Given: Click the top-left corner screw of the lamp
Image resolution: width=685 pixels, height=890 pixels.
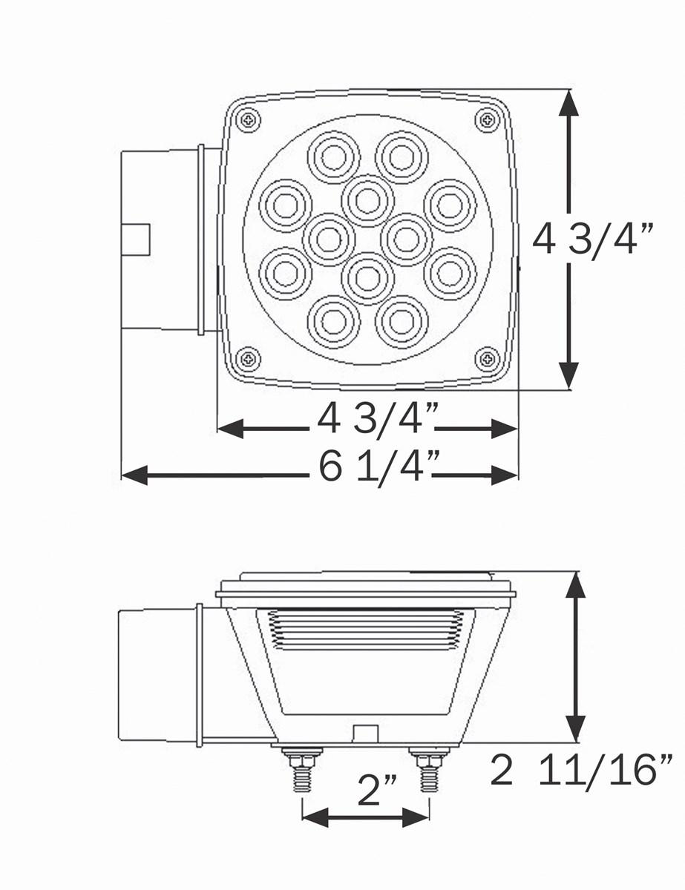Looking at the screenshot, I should (x=249, y=119).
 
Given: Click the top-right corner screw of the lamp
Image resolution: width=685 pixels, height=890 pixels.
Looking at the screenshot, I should (x=487, y=119).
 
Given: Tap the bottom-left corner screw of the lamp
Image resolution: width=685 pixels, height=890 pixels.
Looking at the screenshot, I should (x=249, y=360).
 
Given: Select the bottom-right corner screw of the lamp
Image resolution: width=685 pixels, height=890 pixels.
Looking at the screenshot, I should (x=487, y=360).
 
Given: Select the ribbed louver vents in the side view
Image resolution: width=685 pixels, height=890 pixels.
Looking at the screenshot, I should (x=364, y=630).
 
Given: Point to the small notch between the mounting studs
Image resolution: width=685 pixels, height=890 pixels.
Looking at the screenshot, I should (x=364, y=733).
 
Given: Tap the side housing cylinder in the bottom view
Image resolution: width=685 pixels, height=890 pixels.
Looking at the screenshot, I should (x=157, y=675).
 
